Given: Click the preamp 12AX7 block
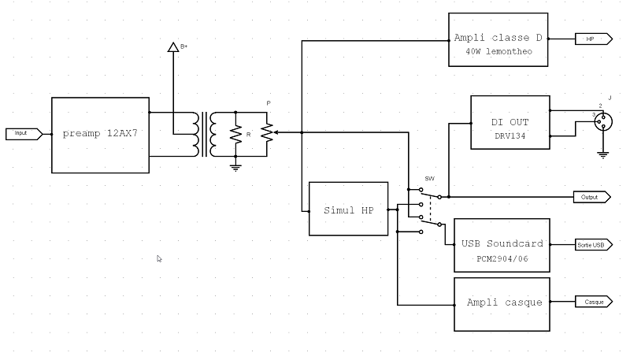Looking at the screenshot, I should pyautogui.click(x=100, y=135).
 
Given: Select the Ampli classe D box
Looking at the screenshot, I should pyautogui.click(x=498, y=39).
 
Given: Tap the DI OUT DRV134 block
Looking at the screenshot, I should pyautogui.click(x=510, y=122).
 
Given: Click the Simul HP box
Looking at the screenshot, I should pyautogui.click(x=348, y=209).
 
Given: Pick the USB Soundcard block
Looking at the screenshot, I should pyautogui.click(x=502, y=244).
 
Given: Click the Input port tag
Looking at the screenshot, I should pyautogui.click(x=21, y=133).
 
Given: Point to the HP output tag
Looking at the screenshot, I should pyautogui.click(x=591, y=39).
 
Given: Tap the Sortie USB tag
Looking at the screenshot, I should pyautogui.click(x=591, y=245).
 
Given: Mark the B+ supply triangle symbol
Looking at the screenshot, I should pyautogui.click(x=173, y=47).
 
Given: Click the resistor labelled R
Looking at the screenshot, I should pyautogui.click(x=235, y=134).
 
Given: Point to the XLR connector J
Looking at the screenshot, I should pyautogui.click(x=603, y=121).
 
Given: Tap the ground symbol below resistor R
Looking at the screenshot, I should pyautogui.click(x=235, y=166).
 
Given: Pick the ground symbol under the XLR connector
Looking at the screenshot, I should pyautogui.click(x=603, y=154).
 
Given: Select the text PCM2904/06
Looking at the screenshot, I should pyautogui.click(x=501, y=258).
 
